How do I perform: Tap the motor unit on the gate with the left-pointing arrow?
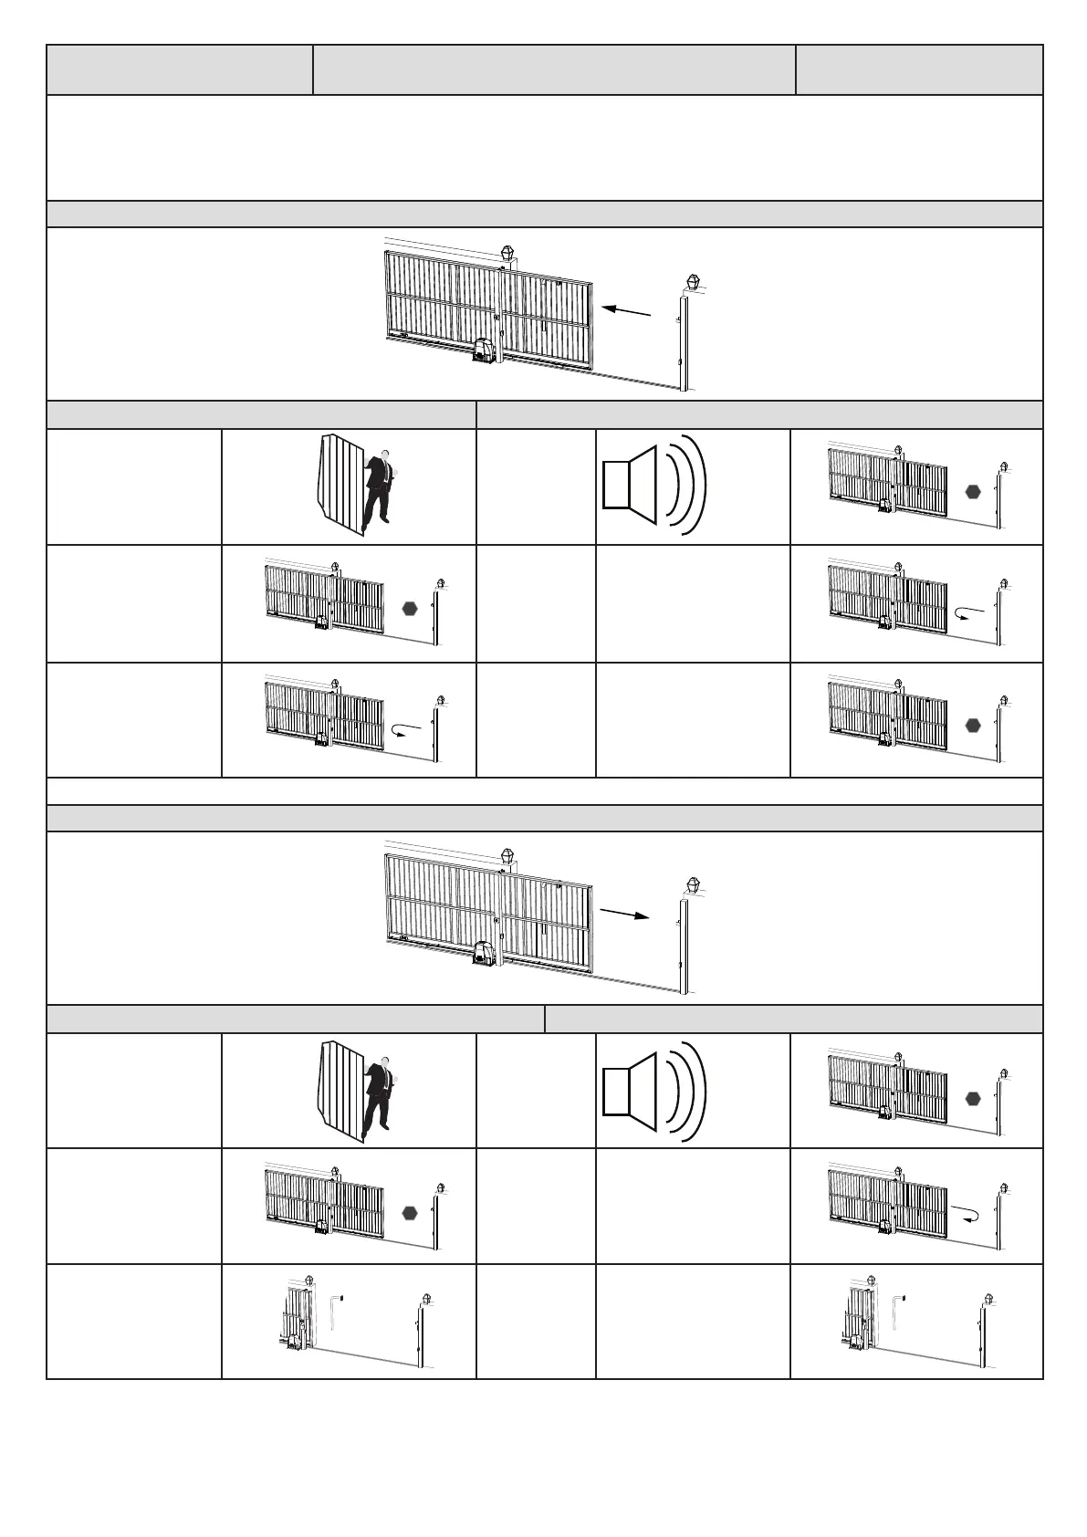click(483, 351)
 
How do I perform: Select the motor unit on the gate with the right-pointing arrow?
click(484, 954)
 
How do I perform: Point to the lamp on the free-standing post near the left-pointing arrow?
click(694, 282)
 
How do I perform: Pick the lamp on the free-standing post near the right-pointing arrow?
click(694, 884)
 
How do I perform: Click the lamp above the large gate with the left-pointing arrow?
click(507, 253)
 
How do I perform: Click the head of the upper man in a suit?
click(387, 455)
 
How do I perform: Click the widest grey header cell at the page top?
click(554, 69)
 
